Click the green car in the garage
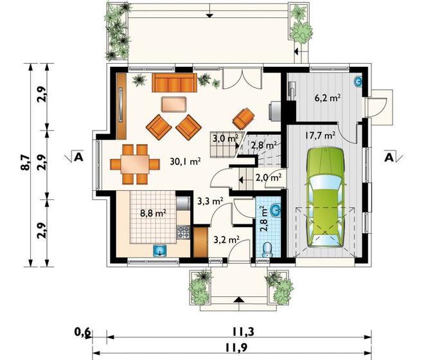(325, 197)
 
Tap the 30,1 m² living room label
(185, 161)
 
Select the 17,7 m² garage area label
(320, 135)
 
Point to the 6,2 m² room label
(327, 98)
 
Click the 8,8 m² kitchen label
(153, 213)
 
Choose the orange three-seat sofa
(174, 82)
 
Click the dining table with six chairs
(135, 164)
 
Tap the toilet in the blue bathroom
(267, 249)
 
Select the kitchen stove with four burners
(183, 232)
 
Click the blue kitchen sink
(161, 250)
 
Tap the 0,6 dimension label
(83, 332)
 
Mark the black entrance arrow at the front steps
(239, 300)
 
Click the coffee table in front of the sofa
(174, 104)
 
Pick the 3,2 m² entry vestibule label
(227, 240)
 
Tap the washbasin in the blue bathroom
(276, 210)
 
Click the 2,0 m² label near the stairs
(269, 177)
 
